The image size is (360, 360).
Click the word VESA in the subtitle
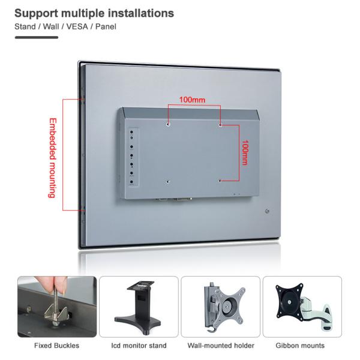point(77,26)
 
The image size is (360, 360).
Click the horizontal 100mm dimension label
point(192,100)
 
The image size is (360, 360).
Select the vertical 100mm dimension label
point(245,152)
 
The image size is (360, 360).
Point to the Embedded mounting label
point(53,158)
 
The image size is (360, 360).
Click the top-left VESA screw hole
point(168,124)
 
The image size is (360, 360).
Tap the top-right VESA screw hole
point(220,125)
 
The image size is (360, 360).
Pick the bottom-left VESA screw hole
point(168,182)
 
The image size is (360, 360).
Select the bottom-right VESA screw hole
point(220,181)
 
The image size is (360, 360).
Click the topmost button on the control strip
point(131,132)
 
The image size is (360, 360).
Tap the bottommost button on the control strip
point(131,182)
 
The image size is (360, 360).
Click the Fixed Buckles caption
point(57,346)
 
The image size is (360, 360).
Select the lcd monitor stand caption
point(139,346)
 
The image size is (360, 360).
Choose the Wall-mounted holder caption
point(221,346)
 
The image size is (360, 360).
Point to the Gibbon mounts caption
point(300,346)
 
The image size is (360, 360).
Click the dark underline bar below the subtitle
point(37,37)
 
